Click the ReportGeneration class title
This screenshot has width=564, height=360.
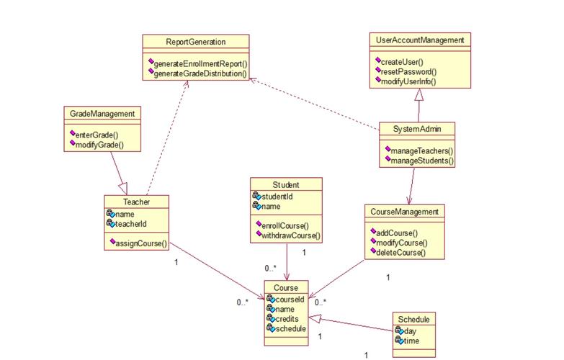pos(195,42)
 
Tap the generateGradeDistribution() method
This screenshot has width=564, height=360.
pos(200,73)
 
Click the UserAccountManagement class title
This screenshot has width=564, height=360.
pos(420,40)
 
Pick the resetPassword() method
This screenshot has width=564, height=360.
pos(408,71)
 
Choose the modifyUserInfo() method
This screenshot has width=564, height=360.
pos(408,81)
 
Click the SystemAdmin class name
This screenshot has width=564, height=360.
pos(416,130)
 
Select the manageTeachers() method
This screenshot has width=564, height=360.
pos(421,151)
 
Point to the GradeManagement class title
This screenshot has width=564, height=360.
pos(102,114)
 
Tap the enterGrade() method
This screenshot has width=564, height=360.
pos(97,135)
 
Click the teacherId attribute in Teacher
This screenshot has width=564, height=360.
pos(131,225)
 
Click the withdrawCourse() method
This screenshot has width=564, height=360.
pos(290,235)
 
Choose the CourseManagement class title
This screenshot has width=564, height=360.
pos(404,212)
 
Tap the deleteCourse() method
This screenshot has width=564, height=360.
pos(401,253)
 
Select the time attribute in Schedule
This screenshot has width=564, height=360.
pos(411,341)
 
